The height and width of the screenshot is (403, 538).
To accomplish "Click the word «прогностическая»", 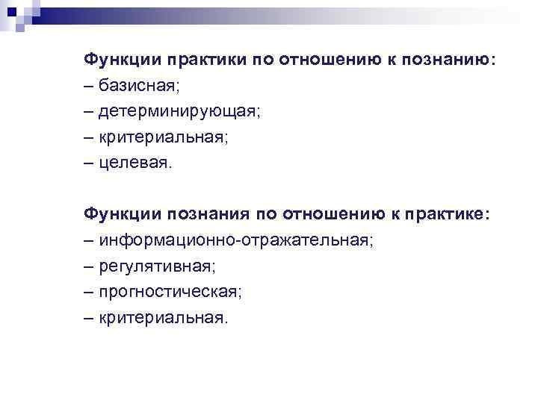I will coord(169,292).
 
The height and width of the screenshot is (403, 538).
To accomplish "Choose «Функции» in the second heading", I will coord(122,214).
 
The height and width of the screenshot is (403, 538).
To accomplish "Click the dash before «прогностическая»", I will coord(90,292).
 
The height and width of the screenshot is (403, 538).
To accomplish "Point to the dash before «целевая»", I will coord(90,163).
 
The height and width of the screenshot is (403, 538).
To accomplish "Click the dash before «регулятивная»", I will coord(90,266).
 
